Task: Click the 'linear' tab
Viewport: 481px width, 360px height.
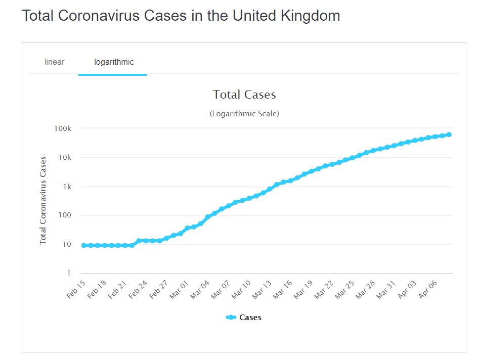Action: pyautogui.click(x=54, y=62)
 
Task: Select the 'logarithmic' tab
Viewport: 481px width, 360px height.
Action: pyautogui.click(x=114, y=62)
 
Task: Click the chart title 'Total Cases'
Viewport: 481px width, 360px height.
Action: pyautogui.click(x=244, y=95)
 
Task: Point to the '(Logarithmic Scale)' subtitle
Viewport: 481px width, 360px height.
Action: pyautogui.click(x=244, y=114)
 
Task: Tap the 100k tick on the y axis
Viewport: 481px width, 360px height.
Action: pyautogui.click(x=63, y=128)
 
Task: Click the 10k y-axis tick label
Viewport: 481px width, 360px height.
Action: pyautogui.click(x=65, y=158)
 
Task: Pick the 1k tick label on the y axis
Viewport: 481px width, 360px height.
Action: pyautogui.click(x=67, y=187)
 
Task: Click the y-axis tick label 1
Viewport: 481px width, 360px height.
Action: pyautogui.click(x=69, y=274)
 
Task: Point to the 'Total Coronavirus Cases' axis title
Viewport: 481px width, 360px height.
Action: pyautogui.click(x=43, y=200)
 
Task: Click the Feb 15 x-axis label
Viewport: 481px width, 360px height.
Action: pyautogui.click(x=76, y=289)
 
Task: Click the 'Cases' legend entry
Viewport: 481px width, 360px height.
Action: pyautogui.click(x=244, y=318)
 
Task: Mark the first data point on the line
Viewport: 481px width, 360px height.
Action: pyautogui.click(x=84, y=245)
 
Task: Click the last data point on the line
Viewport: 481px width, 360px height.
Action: pyautogui.click(x=449, y=134)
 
